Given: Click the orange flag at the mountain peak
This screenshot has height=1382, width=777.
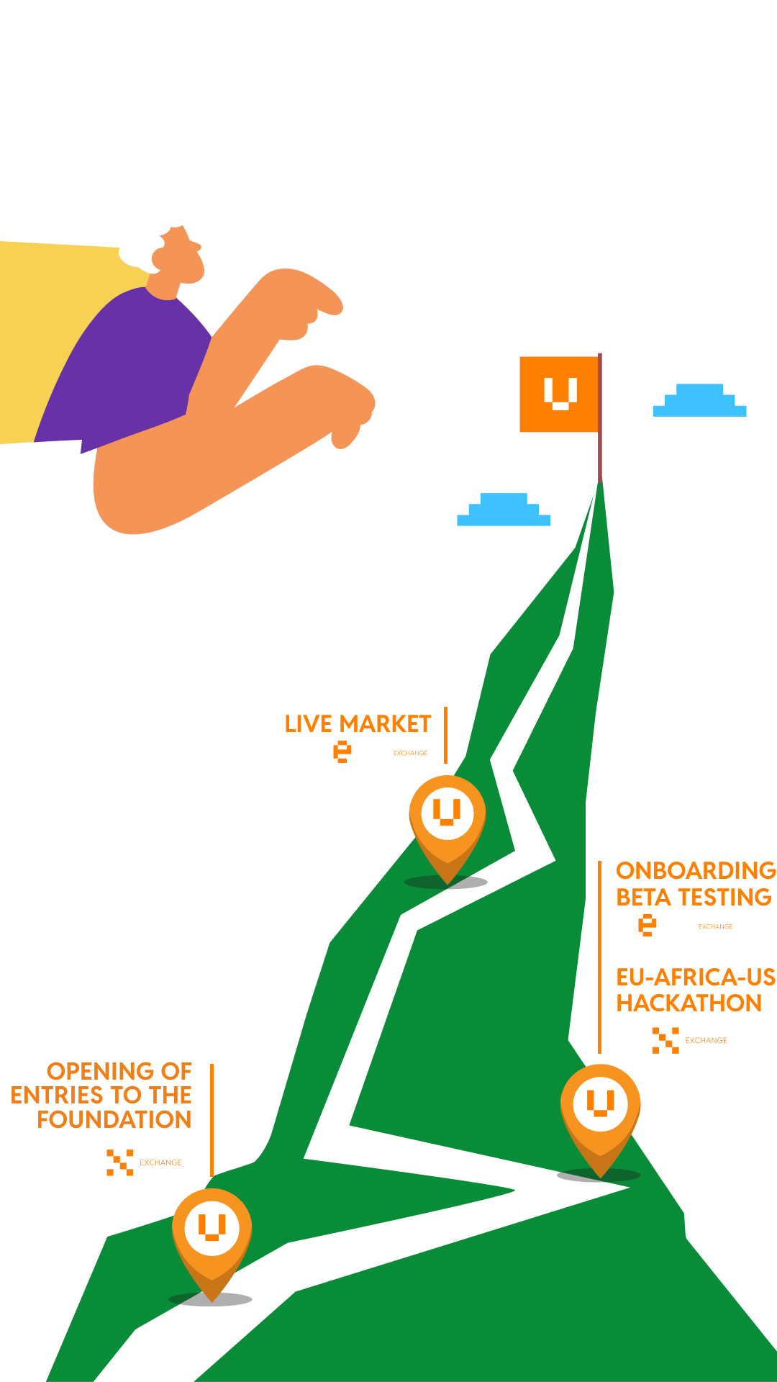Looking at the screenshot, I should (x=559, y=394).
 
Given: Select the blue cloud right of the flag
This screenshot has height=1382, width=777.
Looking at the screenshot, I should (x=699, y=402).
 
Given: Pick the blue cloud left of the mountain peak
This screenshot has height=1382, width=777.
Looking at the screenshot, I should (x=504, y=510).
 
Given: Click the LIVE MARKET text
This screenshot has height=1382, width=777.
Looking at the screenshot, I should (x=358, y=723).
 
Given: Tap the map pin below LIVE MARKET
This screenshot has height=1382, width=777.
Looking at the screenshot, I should (x=447, y=821).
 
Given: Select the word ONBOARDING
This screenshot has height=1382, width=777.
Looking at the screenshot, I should (x=696, y=871).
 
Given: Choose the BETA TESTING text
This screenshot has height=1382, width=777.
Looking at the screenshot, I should (x=694, y=898).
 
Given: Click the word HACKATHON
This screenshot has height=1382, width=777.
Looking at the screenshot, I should (x=689, y=1003).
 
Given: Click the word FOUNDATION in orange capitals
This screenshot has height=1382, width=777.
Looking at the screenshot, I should (x=114, y=1120).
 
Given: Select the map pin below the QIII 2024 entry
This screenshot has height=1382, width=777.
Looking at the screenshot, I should (x=212, y=1234).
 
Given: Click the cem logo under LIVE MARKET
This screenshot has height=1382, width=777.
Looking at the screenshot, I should (x=350, y=751).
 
